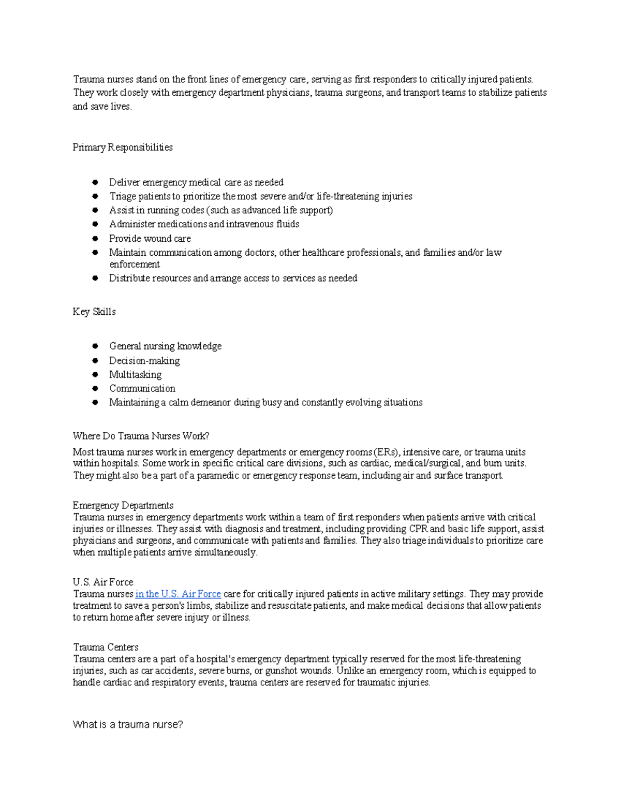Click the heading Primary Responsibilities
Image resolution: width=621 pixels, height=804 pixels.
pyautogui.click(x=123, y=148)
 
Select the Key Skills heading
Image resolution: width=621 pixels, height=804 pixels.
pyautogui.click(x=94, y=312)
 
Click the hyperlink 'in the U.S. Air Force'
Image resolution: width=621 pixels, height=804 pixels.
pyautogui.click(x=178, y=594)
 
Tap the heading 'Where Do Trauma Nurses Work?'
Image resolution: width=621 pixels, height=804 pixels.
pyautogui.click(x=141, y=436)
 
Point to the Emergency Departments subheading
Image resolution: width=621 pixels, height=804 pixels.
pyautogui.click(x=123, y=505)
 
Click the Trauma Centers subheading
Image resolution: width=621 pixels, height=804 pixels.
pyautogui.click(x=106, y=647)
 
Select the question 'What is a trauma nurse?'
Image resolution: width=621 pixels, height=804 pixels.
pyautogui.click(x=128, y=725)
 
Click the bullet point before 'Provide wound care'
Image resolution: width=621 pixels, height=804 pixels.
pyautogui.click(x=95, y=239)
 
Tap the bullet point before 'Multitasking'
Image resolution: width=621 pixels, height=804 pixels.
pyautogui.click(x=95, y=374)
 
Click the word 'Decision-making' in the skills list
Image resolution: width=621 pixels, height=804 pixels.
pyautogui.click(x=144, y=361)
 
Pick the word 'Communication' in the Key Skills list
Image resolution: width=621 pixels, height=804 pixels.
pyautogui.click(x=142, y=388)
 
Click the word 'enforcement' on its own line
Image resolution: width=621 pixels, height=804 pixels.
pyautogui.click(x=135, y=264)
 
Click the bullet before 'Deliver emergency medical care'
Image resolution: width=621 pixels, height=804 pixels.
pyautogui.click(x=95, y=182)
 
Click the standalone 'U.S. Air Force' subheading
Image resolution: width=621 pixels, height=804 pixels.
pyautogui.click(x=103, y=582)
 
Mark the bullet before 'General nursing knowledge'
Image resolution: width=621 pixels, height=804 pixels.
pyautogui.click(x=95, y=346)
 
